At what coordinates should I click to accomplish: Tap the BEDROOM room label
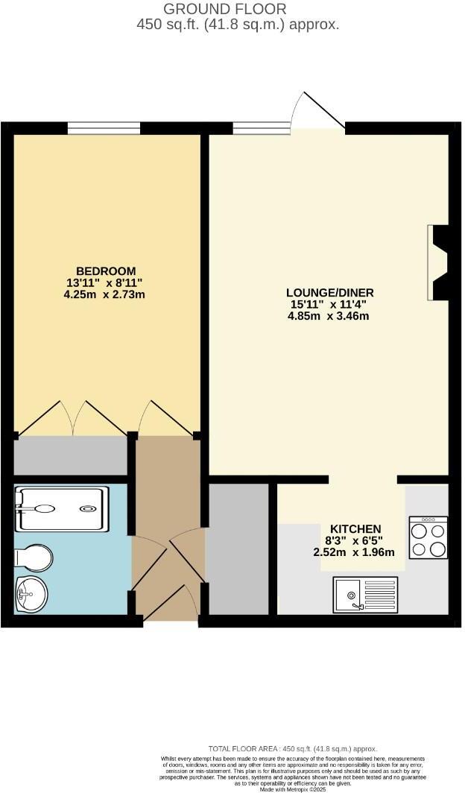[x=106, y=271]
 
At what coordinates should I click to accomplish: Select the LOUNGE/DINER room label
[x=330, y=292]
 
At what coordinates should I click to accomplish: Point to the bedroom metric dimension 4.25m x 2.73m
[x=104, y=294]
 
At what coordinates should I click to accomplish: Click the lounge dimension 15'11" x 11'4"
[x=329, y=304]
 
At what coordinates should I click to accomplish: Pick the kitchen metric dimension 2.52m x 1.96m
[x=355, y=552]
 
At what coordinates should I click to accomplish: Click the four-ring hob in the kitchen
[x=428, y=537]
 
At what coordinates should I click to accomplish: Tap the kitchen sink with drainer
[x=365, y=594]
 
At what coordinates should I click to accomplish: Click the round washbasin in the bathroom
[x=31, y=594]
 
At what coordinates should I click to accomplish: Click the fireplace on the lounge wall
[x=438, y=262]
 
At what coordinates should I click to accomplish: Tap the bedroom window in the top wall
[x=104, y=128]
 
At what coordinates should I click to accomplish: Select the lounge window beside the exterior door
[x=261, y=128]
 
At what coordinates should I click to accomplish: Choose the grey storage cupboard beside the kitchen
[x=237, y=549]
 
